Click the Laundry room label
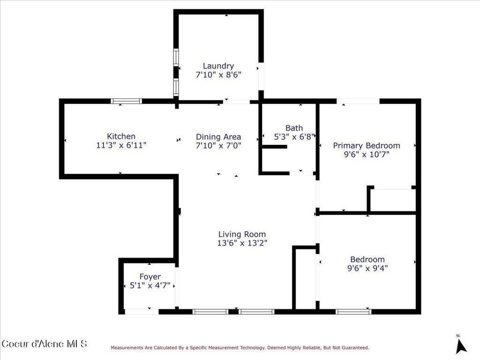point(218,66)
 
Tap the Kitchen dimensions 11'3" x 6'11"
point(121,145)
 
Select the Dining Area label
point(218,137)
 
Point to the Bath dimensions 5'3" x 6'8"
point(294,137)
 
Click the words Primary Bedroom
point(367,145)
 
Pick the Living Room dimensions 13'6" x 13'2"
point(242,243)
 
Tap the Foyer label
point(150,277)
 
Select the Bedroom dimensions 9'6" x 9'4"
point(367,268)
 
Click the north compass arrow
point(461,346)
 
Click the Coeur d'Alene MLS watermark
point(45,344)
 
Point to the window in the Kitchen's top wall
point(126,101)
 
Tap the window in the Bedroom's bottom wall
point(353,312)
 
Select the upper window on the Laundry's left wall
point(176,57)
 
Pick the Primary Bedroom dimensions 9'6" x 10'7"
point(367,154)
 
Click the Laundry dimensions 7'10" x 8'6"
point(218,75)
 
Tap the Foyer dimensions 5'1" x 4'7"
point(150,285)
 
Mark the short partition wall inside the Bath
point(275,147)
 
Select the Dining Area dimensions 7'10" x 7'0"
point(218,145)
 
